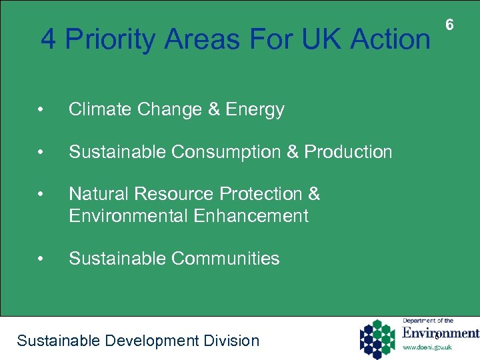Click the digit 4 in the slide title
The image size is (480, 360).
(x=49, y=39)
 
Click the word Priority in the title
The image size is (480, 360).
(x=111, y=40)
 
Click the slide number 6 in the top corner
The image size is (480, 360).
(x=449, y=25)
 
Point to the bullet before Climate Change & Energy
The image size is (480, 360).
(x=41, y=110)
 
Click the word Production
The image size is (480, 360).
(x=348, y=152)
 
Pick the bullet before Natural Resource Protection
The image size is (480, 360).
(x=41, y=195)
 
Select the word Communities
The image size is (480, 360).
(x=225, y=258)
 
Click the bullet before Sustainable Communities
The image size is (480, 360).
(x=41, y=259)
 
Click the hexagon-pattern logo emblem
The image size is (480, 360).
(x=377, y=338)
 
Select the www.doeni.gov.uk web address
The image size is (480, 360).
(x=427, y=347)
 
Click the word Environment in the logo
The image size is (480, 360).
(x=440, y=333)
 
